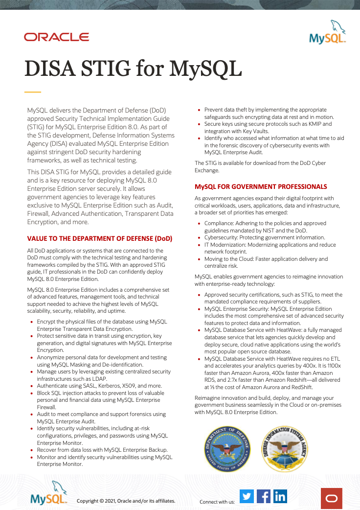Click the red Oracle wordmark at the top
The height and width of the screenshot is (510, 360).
[x=56, y=37]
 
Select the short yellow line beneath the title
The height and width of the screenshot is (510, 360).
[x=33, y=92]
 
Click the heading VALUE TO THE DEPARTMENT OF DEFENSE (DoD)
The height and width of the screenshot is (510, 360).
[x=100, y=239]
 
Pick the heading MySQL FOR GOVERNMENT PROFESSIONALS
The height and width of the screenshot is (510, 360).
[x=261, y=186]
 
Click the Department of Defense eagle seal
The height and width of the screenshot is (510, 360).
[x=227, y=449]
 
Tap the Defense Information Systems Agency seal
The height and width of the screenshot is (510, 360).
[x=284, y=449]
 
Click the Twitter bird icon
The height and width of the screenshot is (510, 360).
[x=247, y=496]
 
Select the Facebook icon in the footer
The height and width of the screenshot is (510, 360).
[x=264, y=496]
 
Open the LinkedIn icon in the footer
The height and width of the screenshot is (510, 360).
[x=280, y=496]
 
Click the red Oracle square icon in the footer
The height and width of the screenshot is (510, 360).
[x=332, y=498]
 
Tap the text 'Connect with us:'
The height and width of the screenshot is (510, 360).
[x=217, y=502]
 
